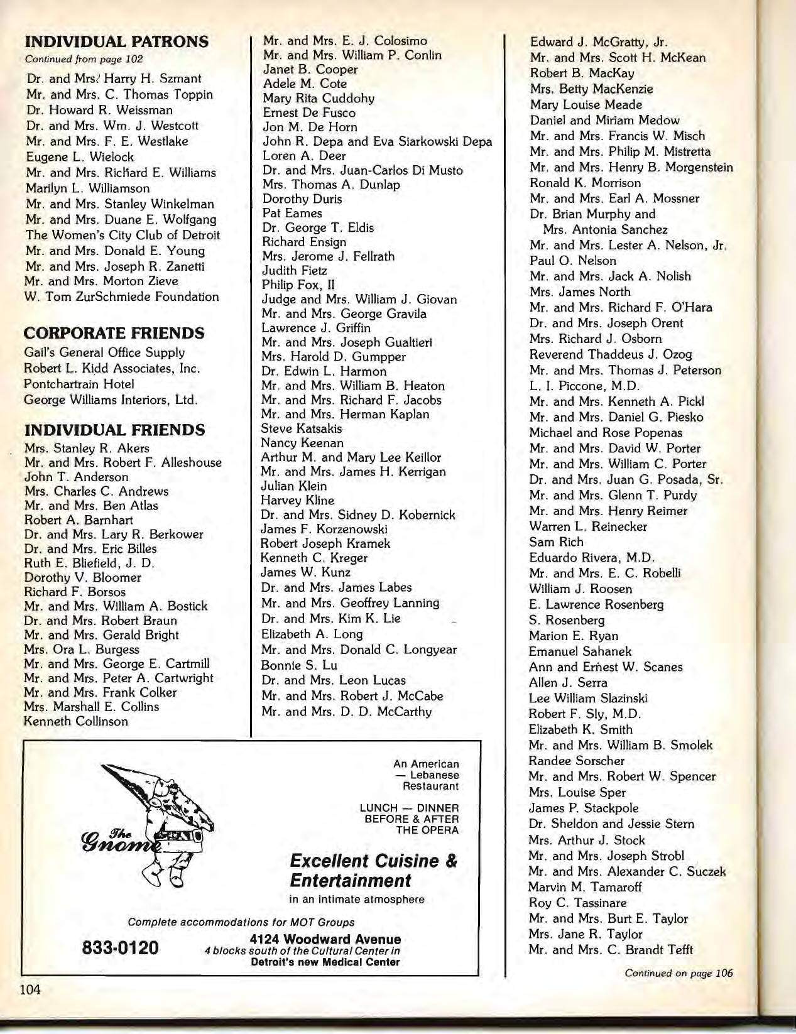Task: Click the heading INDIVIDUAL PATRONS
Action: [116, 42]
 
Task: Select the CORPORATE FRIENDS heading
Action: [114, 333]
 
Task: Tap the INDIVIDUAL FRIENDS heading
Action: [114, 430]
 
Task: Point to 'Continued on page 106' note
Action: [679, 973]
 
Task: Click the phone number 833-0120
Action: [121, 947]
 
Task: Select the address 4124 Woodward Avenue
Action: [325, 939]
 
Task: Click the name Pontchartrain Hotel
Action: [79, 384]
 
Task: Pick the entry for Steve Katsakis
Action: [302, 428]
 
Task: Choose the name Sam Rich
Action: [556, 541]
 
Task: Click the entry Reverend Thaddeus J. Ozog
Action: [610, 354]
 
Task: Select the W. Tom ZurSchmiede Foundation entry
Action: [122, 297]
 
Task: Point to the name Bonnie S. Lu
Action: [299, 665]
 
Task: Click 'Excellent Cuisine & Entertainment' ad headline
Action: [373, 870]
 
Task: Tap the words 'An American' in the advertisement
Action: [426, 764]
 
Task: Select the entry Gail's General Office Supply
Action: [104, 352]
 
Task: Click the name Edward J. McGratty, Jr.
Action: [598, 42]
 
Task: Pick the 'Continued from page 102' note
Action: [84, 59]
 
